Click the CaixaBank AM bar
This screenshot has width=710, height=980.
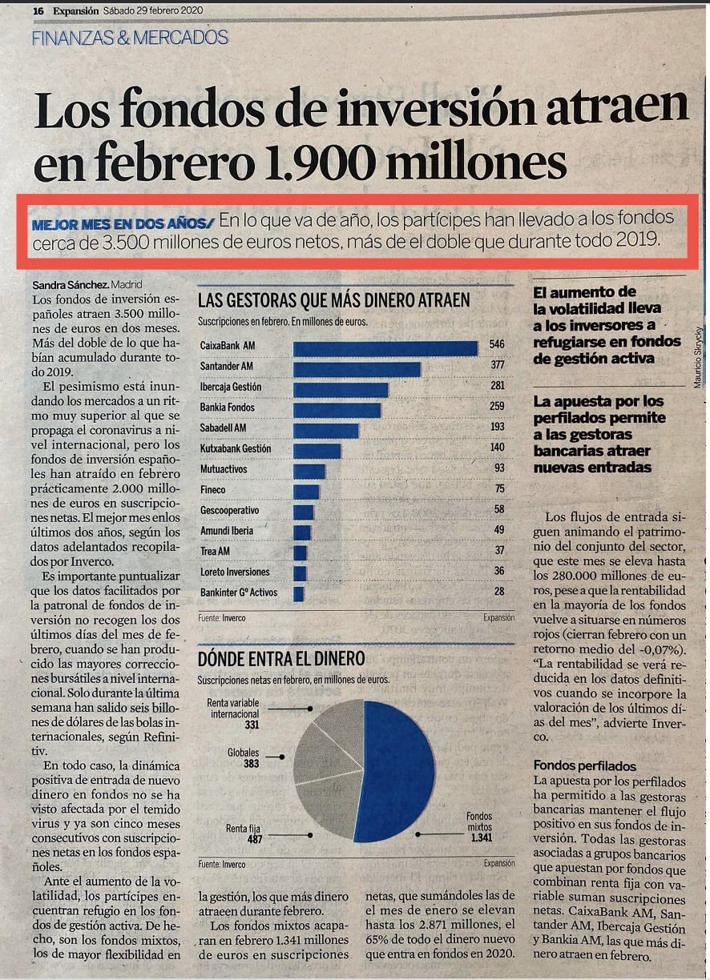click(385, 349)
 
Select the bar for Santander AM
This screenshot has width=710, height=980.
click(357, 369)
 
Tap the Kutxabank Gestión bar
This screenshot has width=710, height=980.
click(317, 451)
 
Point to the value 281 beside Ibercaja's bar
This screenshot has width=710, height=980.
click(497, 385)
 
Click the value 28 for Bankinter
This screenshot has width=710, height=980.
click(499, 591)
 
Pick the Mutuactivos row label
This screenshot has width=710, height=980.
click(224, 469)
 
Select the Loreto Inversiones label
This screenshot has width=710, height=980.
click(235, 572)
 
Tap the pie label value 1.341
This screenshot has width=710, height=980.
click(482, 837)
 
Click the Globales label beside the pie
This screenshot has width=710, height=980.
click(243, 753)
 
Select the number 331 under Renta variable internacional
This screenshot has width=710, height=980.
click(252, 725)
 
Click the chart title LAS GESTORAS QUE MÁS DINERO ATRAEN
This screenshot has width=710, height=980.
click(333, 300)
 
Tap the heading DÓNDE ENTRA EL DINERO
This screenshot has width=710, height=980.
click(281, 658)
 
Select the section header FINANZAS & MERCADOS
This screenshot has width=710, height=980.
click(130, 38)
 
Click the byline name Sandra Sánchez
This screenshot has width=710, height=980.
click(70, 285)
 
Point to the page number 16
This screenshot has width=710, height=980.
click(38, 11)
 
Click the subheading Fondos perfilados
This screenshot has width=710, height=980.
click(585, 765)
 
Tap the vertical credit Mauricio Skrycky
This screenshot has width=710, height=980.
click(697, 357)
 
